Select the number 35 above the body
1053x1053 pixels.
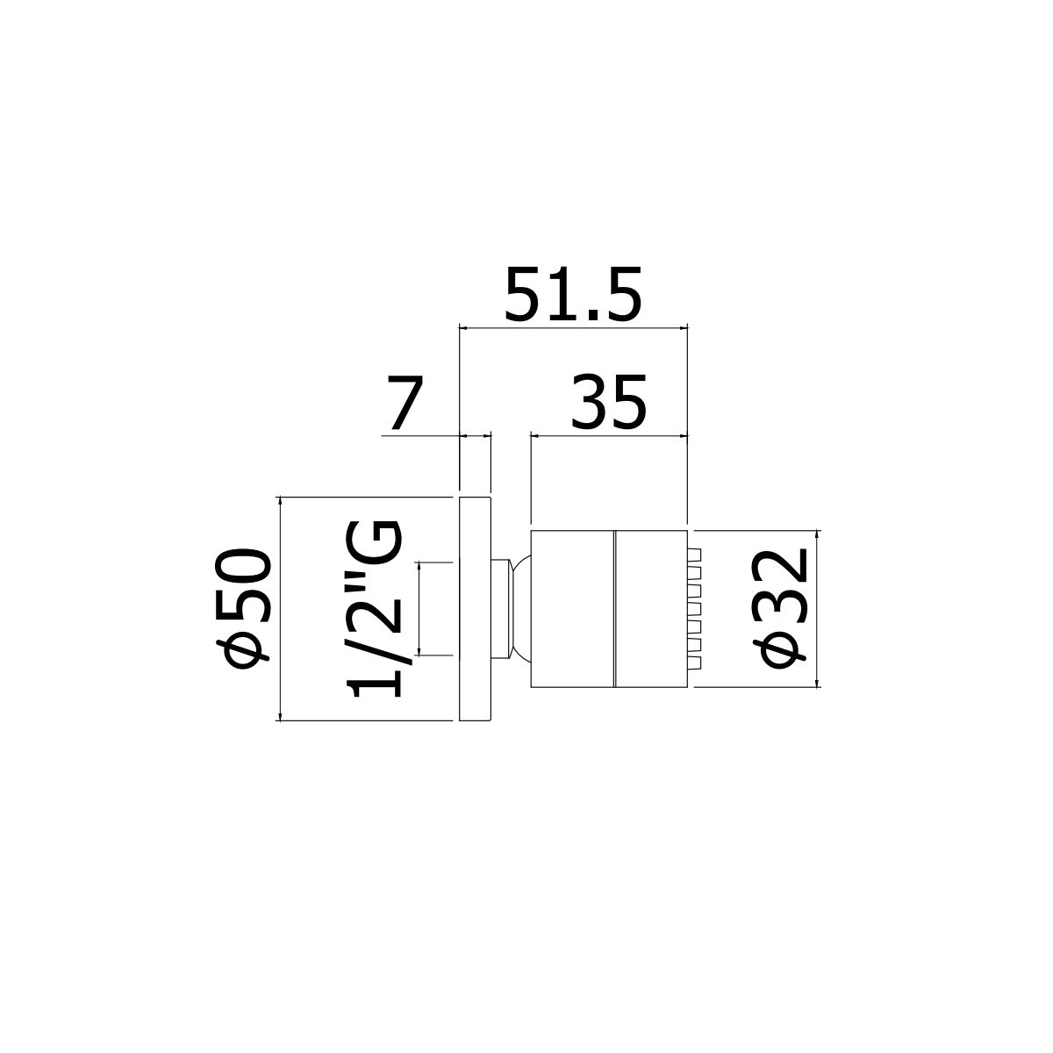tap(609, 404)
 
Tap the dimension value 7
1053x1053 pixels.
tap(404, 405)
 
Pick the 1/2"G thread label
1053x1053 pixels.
tap(376, 608)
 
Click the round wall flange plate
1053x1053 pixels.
tap(475, 608)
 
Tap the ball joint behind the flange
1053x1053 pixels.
tap(522, 608)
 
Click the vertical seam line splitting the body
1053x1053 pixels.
tap(614, 608)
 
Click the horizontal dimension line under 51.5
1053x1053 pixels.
tap(573, 328)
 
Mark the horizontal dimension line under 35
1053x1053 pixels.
tap(609, 434)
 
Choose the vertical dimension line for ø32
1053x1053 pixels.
tap(818, 608)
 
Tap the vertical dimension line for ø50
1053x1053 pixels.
tap(279, 608)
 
